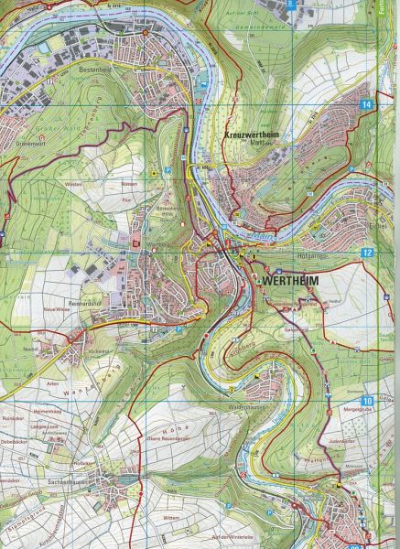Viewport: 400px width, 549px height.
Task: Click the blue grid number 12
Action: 368,252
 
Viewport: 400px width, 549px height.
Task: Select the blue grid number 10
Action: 368,400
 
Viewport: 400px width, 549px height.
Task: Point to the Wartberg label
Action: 136,245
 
